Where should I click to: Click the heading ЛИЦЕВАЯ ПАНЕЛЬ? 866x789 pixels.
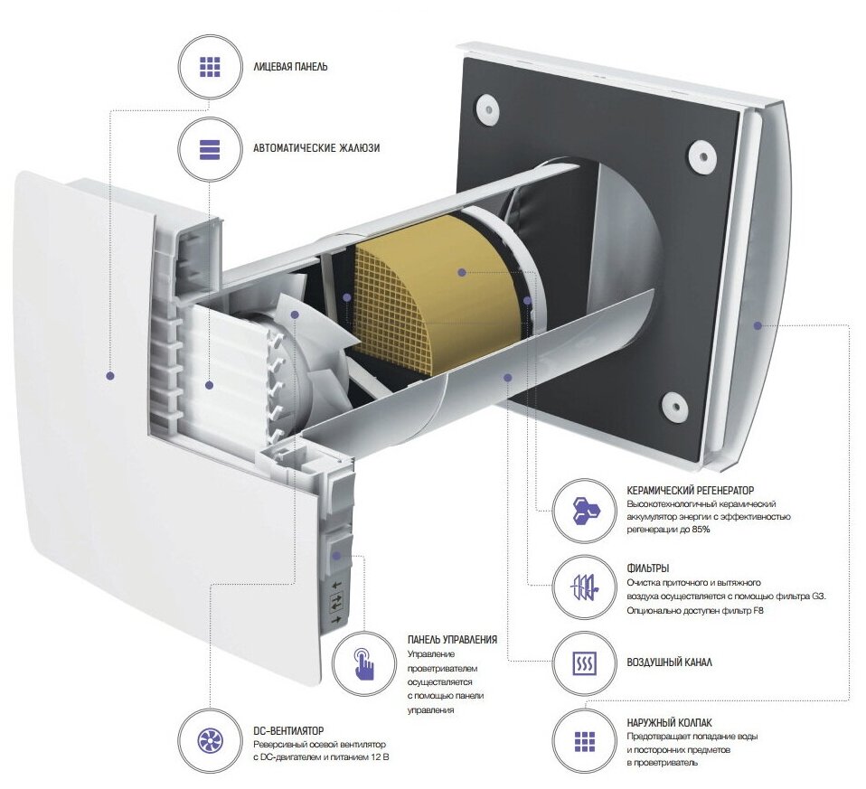coord(290,67)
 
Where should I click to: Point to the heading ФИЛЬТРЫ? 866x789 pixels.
coord(647,568)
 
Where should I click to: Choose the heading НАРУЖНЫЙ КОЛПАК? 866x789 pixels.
coord(668,723)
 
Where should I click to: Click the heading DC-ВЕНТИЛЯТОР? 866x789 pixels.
coord(288,729)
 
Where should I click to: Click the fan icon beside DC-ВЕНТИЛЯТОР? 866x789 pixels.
coord(210,742)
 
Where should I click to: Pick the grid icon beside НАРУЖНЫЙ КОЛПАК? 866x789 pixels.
coord(584,741)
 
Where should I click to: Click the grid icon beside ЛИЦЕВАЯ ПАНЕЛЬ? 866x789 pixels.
coord(210,67)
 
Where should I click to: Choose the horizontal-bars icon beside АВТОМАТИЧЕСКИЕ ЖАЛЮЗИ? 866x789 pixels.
coord(210,148)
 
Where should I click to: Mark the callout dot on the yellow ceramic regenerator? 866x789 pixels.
coord(461,271)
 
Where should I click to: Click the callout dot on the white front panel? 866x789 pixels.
coord(110,375)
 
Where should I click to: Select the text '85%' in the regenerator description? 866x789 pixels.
coord(699,529)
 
